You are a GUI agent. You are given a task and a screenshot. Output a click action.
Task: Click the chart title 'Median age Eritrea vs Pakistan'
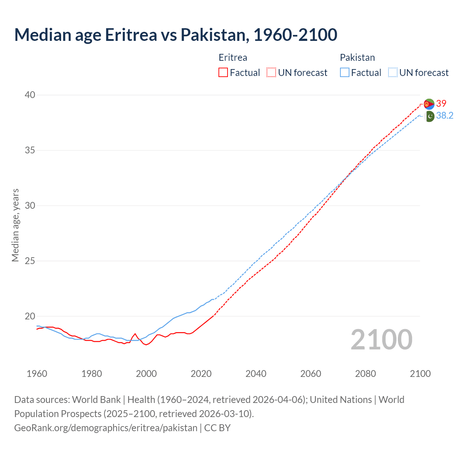tap(176, 35)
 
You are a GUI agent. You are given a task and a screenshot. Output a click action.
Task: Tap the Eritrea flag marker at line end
tap(429, 104)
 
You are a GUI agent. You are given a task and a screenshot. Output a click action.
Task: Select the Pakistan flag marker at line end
tap(429, 116)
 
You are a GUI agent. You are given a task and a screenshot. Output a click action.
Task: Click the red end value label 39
tap(441, 104)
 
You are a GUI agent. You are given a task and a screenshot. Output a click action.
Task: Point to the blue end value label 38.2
tap(445, 116)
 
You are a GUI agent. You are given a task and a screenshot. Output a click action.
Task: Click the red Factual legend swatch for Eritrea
tap(223, 73)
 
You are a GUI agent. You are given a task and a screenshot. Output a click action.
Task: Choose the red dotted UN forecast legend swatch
tap(271, 73)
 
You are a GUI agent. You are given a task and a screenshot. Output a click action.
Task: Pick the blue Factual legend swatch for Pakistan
tap(345, 73)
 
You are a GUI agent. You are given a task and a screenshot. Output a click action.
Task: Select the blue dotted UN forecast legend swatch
tap(393, 73)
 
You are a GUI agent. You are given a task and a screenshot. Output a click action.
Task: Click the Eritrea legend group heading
tap(233, 58)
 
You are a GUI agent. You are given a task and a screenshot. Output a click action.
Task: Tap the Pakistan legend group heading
tap(357, 58)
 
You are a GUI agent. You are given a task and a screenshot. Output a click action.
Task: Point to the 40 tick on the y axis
tap(30, 95)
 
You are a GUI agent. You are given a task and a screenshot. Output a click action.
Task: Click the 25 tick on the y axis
tap(30, 261)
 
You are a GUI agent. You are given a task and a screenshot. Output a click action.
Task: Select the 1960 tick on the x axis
tap(37, 374)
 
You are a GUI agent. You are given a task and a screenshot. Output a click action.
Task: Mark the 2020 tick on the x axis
tap(201, 374)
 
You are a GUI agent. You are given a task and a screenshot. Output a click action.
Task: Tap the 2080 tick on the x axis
tap(365, 374)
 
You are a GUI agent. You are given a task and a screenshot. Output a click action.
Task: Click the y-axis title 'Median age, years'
tap(15, 225)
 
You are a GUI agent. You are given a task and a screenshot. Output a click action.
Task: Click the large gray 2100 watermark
tap(382, 339)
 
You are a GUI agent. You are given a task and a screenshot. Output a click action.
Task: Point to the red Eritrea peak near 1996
tap(135, 334)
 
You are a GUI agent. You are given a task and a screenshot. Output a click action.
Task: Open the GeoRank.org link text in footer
tap(106, 428)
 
